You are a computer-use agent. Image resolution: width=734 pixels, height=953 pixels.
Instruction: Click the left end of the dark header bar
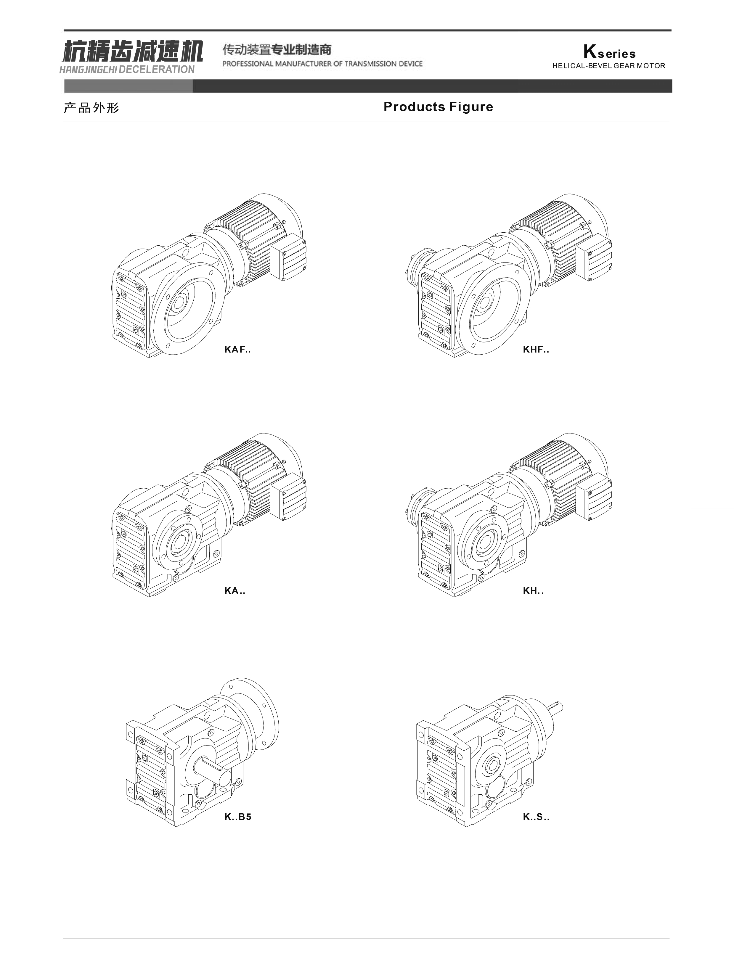pyautogui.click(x=65, y=86)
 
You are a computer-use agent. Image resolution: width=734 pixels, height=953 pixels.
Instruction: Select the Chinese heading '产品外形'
pyautogui.click(x=91, y=108)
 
